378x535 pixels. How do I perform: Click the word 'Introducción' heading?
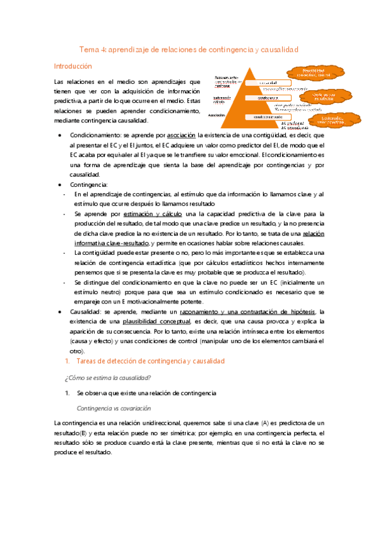[x=73, y=66]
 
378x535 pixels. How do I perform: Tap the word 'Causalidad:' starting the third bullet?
[x=86, y=312]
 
